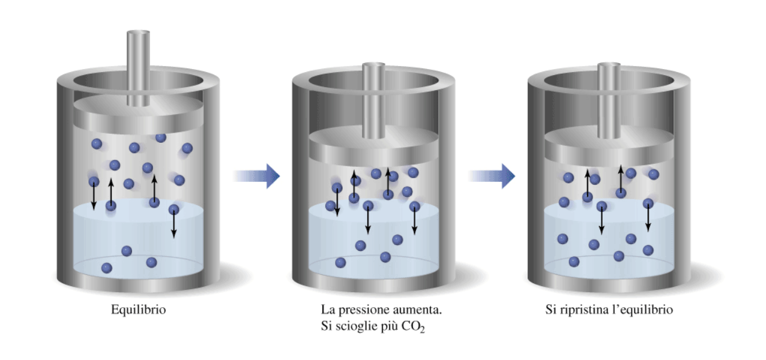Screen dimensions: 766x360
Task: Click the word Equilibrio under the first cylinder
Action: coord(139,310)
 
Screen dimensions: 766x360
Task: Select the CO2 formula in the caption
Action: coord(413,327)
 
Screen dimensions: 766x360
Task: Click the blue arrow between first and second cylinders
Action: coord(256,176)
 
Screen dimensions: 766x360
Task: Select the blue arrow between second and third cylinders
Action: coord(492,176)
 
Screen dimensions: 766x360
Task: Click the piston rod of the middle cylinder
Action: coord(374,101)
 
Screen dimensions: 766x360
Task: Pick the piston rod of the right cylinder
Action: coord(609,101)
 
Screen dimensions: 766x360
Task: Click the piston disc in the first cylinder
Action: coord(138,115)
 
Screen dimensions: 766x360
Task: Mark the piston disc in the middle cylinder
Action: coord(374,146)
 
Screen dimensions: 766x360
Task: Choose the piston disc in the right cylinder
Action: coord(609,146)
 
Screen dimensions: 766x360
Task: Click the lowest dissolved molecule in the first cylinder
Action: coord(107,268)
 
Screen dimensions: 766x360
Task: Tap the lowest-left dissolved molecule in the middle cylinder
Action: coord(340,263)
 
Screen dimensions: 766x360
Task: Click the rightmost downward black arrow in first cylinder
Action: coord(173,224)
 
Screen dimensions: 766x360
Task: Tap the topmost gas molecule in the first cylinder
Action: coord(161,137)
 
